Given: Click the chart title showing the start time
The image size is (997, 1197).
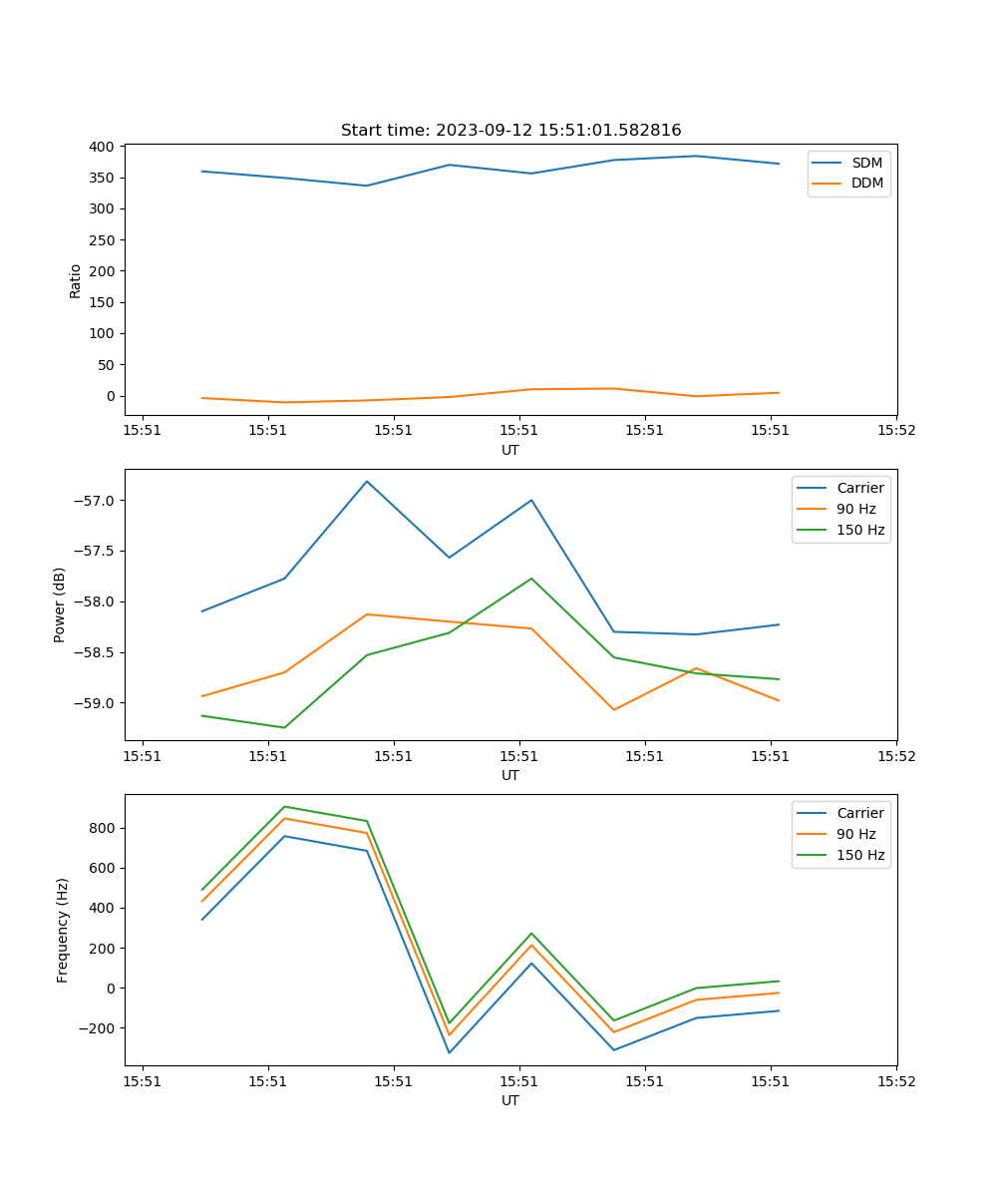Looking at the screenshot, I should coord(510,130).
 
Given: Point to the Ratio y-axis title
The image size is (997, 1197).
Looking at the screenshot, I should coord(76,280).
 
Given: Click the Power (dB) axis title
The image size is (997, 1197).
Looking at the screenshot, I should coord(60,604).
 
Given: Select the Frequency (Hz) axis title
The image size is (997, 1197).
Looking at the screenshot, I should coord(63,930).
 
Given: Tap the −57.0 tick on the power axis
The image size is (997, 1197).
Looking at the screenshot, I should coord(94,501).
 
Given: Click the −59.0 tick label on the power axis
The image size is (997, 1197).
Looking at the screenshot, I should coord(94,703).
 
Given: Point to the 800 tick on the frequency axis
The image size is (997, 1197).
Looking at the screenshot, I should coord(103,828).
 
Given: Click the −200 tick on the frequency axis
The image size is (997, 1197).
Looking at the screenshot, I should coord(98,1028).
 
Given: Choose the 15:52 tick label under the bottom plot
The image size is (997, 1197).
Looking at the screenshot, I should coord(895,1080).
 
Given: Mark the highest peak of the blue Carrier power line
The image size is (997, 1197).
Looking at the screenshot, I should coord(367,481).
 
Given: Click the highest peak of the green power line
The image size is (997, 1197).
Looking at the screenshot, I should coord(531,579).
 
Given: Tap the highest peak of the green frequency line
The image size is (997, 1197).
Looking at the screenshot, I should coord(285,806).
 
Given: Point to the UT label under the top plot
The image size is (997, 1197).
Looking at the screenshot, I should coord(510,450).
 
